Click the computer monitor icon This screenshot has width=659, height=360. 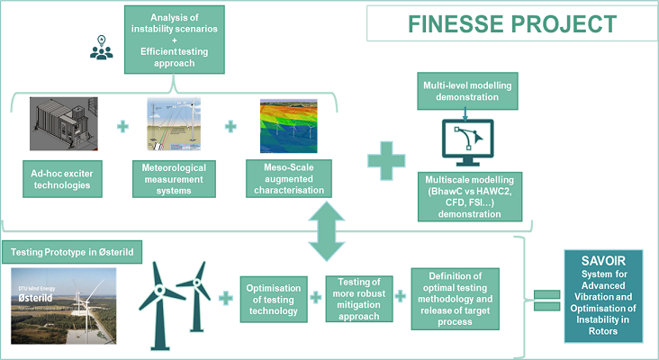coord(469,139)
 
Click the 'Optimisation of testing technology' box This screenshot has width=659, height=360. coord(275,299)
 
